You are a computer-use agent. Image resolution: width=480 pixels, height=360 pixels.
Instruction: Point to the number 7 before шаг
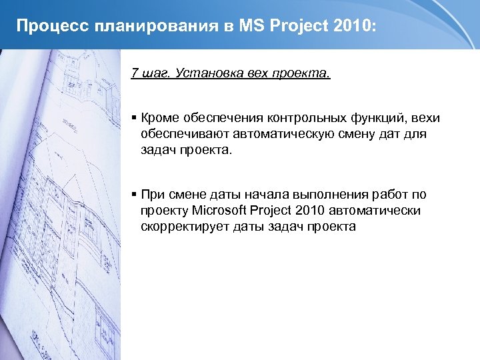pos(135,72)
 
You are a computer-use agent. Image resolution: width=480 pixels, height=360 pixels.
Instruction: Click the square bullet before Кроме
pos(135,118)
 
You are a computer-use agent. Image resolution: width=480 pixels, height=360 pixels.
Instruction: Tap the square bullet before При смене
pos(135,195)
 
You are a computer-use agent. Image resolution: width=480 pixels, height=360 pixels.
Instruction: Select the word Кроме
pos(159,118)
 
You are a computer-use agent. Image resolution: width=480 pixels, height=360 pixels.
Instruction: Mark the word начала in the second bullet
pos(245,195)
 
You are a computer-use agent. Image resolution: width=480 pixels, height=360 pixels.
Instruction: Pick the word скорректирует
pos(185,227)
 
